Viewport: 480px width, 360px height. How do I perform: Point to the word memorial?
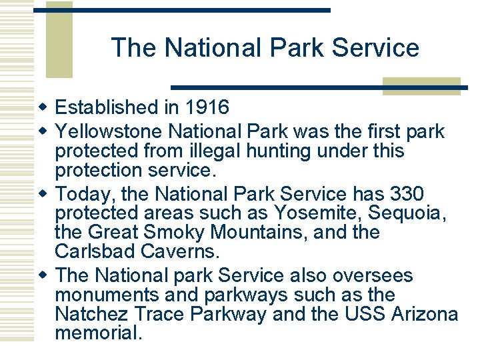coord(99,333)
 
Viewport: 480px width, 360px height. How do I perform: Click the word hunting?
coord(279,151)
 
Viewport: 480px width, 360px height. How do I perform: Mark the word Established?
coord(104,107)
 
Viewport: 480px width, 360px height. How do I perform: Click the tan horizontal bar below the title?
coord(421,86)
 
